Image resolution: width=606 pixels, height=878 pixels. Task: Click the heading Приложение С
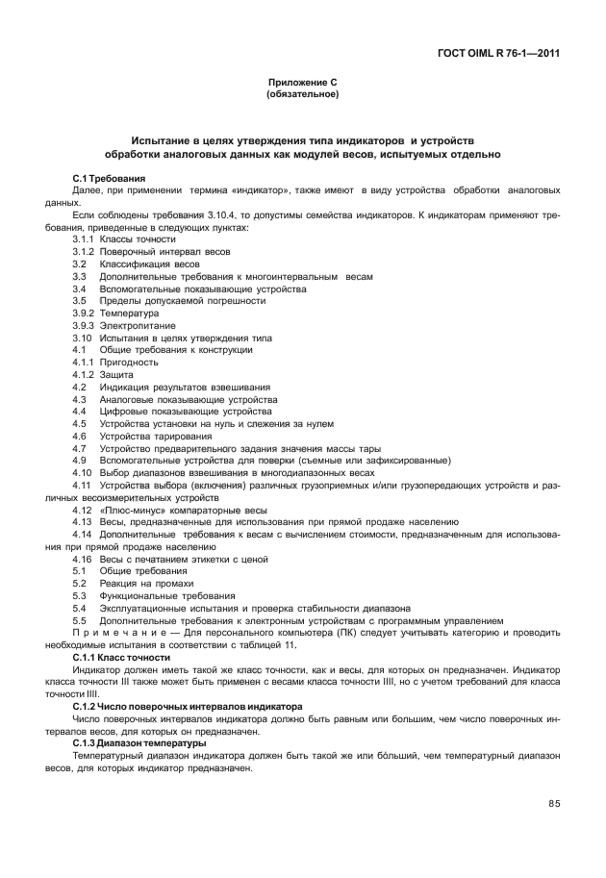click(302, 84)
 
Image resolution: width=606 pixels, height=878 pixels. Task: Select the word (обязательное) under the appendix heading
click(302, 95)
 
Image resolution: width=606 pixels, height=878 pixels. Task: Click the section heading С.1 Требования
click(109, 179)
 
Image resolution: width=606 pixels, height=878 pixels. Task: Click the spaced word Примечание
click(123, 634)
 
